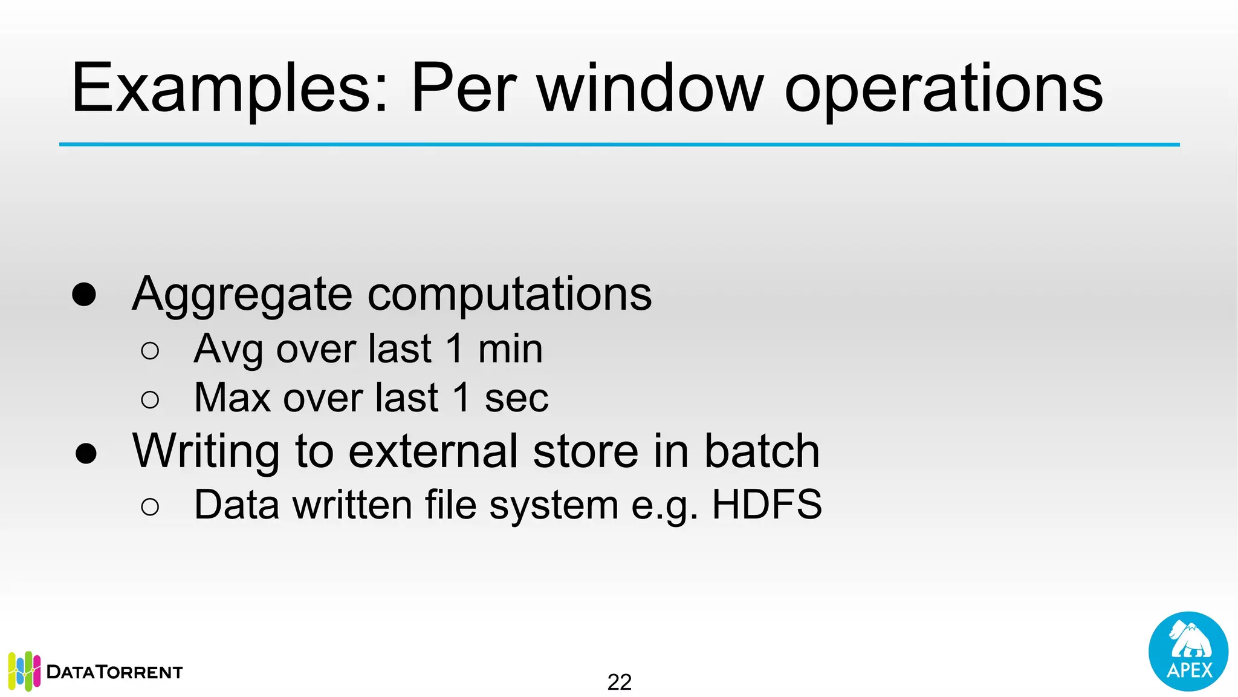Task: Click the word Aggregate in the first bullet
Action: point(242,295)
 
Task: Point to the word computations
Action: point(510,295)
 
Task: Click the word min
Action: point(510,350)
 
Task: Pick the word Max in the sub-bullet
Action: point(232,398)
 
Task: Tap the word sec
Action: point(516,398)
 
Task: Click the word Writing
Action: point(206,452)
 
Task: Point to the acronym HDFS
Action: point(766,505)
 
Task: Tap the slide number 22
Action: point(619,682)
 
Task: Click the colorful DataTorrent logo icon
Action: point(24,671)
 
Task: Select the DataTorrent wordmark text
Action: point(114,672)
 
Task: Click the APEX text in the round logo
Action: point(1189,670)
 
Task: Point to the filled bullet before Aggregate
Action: point(84,295)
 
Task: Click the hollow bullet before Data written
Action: point(150,506)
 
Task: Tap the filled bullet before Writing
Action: point(86,453)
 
